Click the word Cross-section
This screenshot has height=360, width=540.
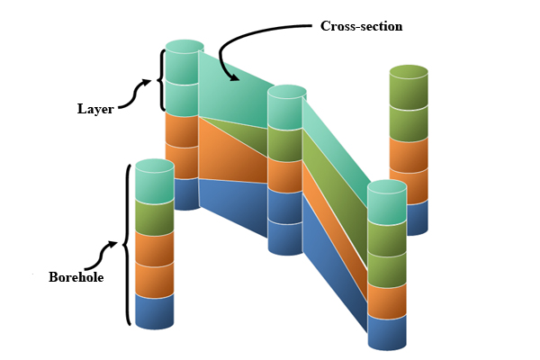(361, 26)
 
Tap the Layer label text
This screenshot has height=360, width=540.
(94, 109)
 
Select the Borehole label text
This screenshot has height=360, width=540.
(76, 277)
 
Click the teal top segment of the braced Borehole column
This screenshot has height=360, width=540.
(154, 184)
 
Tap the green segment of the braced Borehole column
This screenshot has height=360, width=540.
(154, 217)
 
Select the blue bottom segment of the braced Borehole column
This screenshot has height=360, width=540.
(154, 310)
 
